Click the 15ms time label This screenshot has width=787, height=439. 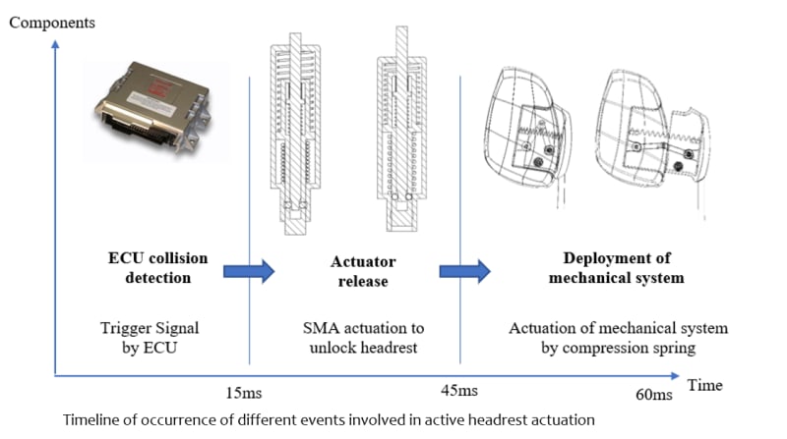coord(243,393)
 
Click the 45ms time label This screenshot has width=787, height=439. coord(459,391)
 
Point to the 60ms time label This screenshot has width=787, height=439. coord(654,395)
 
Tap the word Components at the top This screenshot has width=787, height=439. coord(52,23)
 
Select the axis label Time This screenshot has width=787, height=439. coord(705,385)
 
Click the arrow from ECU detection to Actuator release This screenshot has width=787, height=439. coord(249,271)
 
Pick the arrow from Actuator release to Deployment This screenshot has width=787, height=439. coord(464,271)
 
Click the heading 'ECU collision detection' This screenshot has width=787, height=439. coord(158,267)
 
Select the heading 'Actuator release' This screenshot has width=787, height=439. coord(363,271)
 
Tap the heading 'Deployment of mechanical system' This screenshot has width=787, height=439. coord(617,267)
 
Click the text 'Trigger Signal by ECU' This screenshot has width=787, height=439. coord(150,338)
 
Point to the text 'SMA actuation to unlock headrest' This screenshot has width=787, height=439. coord(363,338)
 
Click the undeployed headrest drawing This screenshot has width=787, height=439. coord(527,137)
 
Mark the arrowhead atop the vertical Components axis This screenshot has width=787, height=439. coord(55,44)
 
